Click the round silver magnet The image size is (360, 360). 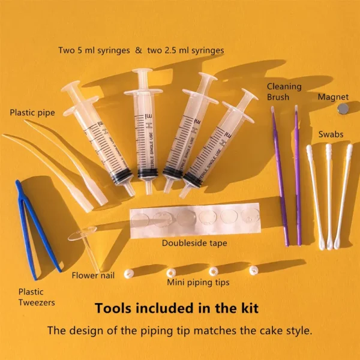(343, 109)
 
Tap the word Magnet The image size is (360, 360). (333, 97)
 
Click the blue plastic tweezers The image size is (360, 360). (37, 230)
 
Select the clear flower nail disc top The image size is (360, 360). (82, 233)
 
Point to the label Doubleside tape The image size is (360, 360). (194, 243)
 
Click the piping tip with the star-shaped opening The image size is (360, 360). (214, 271)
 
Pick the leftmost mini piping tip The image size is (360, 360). (129, 274)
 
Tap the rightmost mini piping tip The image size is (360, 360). (254, 270)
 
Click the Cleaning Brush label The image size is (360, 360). (284, 92)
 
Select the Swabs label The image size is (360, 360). (331, 134)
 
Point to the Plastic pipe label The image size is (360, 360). (32, 113)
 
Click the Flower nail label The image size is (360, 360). (93, 275)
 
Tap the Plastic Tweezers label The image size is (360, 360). (37, 297)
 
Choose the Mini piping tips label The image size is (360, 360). (198, 283)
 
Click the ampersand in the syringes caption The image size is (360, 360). (139, 50)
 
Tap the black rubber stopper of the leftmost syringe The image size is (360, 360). (122, 176)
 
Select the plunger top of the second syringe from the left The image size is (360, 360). (142, 70)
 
